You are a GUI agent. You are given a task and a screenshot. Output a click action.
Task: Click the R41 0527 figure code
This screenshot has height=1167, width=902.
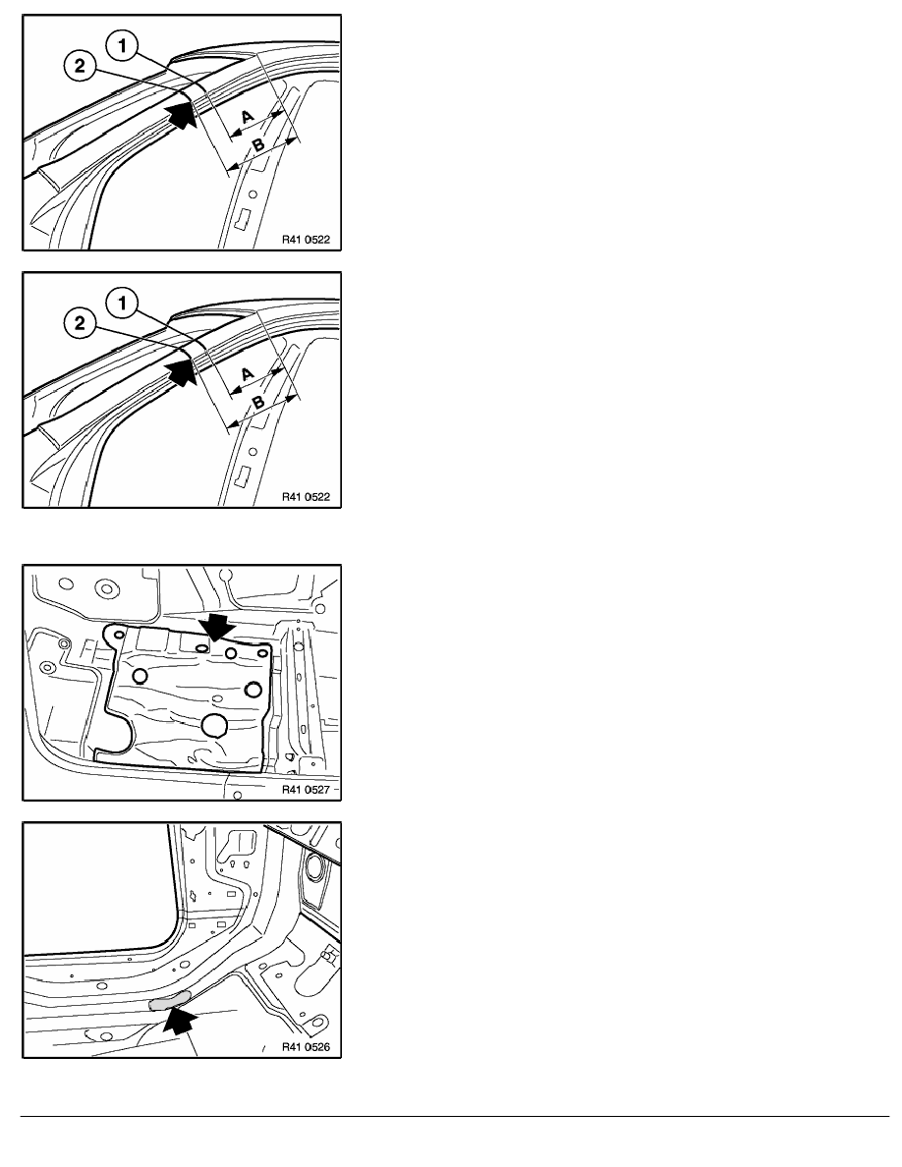(306, 790)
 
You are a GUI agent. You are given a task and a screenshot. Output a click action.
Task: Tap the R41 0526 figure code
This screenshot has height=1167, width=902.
(306, 1047)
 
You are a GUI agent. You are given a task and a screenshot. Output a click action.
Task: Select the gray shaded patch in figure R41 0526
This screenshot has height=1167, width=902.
(170, 1001)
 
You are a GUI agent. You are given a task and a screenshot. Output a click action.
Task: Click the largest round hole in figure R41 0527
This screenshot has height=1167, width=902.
(215, 724)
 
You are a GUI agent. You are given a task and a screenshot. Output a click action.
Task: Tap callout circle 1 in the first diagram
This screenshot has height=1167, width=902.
(122, 45)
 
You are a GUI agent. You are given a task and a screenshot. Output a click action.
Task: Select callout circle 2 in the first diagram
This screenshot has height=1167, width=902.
(80, 66)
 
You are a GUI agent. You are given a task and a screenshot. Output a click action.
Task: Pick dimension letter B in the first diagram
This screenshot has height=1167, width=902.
(257, 145)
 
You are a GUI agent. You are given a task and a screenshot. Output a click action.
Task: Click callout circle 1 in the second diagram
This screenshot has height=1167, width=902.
(122, 303)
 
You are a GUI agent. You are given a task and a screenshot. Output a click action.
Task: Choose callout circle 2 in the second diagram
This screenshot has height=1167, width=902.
(80, 323)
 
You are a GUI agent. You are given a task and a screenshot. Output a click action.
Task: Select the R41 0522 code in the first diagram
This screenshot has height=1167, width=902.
(306, 240)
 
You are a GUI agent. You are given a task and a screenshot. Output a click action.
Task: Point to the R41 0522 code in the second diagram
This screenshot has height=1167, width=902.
(306, 497)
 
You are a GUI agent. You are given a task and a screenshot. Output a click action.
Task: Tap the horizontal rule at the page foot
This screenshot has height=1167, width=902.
(455, 1116)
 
